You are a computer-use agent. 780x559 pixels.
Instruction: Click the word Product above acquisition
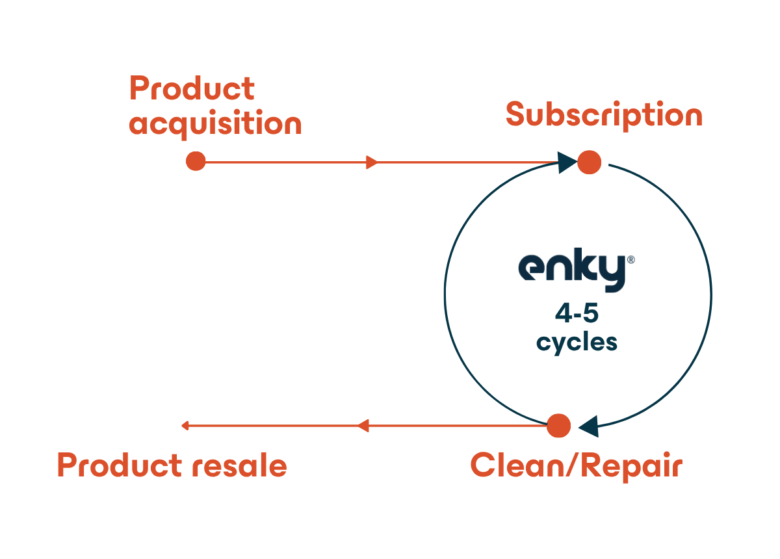192,88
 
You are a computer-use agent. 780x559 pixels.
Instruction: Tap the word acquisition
215,124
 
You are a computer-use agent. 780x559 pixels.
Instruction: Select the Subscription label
604,116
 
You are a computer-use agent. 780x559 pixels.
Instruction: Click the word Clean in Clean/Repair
518,465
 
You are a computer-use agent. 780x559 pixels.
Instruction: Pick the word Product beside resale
120,465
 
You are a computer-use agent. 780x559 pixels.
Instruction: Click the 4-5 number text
577,313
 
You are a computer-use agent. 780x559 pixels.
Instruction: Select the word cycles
577,343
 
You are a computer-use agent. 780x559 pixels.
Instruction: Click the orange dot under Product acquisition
196,161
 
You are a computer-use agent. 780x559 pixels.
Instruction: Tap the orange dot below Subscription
589,162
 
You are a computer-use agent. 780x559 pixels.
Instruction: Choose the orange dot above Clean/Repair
558,425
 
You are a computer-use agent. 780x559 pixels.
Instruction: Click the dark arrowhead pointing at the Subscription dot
566,162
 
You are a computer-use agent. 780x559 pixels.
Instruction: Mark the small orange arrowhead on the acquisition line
372,162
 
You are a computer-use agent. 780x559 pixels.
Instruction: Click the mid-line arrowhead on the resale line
363,426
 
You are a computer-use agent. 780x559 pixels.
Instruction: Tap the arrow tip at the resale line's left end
182,426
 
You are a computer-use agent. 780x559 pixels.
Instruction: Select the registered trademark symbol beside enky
630,260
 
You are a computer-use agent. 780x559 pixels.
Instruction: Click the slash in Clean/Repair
573,465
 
